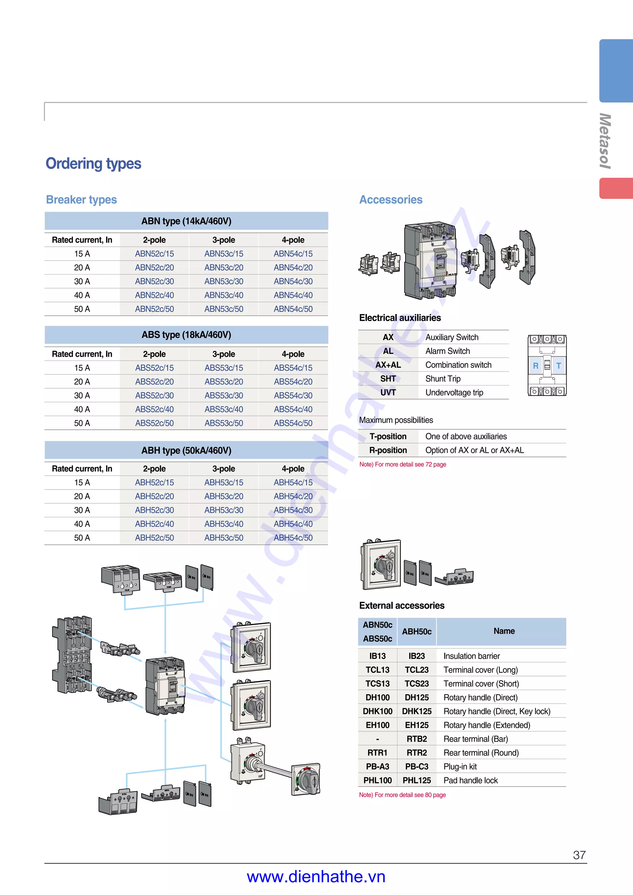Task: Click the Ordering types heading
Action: point(93,163)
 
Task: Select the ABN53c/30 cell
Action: point(223,281)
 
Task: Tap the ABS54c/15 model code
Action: point(293,368)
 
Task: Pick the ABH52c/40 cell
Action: point(155,524)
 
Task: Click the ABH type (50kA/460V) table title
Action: point(186,451)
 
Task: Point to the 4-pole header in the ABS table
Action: point(293,354)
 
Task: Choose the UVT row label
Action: point(388,393)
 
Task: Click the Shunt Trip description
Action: point(443,379)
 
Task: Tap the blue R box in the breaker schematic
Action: point(536,366)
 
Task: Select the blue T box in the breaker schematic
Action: point(559,366)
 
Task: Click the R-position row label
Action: point(388,450)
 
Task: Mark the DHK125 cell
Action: point(417,712)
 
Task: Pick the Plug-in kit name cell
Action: point(460,767)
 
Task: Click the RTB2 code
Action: point(417,739)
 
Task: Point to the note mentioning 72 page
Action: point(402,464)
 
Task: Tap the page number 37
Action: point(579,855)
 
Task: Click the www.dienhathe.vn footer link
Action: point(316,877)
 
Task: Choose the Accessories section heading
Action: point(391,200)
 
